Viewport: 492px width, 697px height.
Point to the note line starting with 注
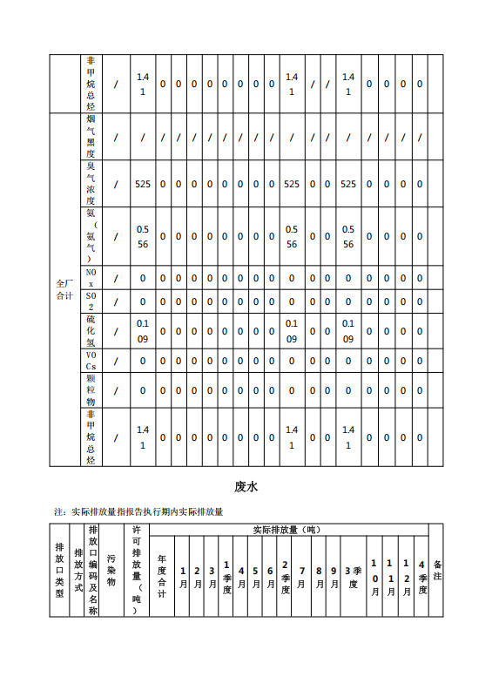tap(138, 511)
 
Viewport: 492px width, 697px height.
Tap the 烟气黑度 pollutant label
tap(91, 136)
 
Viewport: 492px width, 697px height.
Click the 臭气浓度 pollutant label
tap(91, 183)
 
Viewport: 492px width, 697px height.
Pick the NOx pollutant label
tap(91, 278)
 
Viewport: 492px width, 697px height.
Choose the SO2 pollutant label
tap(91, 301)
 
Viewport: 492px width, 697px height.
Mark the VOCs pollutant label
tap(91, 361)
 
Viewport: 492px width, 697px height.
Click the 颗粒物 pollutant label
tap(91, 391)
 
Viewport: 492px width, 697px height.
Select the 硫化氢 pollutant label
tap(91, 331)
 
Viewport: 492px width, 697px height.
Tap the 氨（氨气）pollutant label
tap(91, 235)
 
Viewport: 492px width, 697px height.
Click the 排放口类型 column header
tap(59, 571)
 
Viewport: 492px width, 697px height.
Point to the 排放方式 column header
tap(78, 571)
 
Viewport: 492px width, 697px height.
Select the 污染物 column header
tap(111, 571)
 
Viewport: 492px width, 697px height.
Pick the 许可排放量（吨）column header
tap(137, 571)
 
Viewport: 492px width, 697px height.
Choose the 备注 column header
tap(437, 571)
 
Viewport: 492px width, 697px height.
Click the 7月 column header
tap(301, 577)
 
